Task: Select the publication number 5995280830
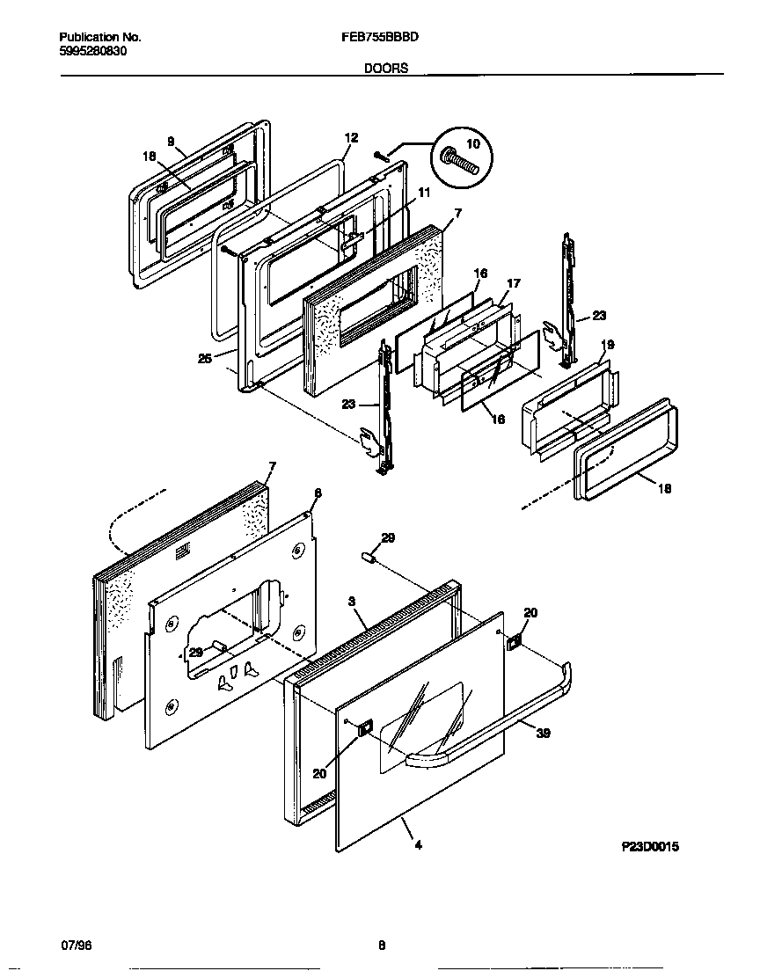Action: pos(94,51)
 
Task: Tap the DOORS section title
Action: pos(386,68)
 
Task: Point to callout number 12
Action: pos(351,137)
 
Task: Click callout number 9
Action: pos(171,141)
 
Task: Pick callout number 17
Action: pos(515,283)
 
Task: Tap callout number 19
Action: pos(607,344)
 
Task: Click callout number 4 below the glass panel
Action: pos(418,845)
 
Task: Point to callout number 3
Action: pos(351,602)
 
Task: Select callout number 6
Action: pos(318,493)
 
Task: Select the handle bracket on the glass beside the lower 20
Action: pos(365,726)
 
